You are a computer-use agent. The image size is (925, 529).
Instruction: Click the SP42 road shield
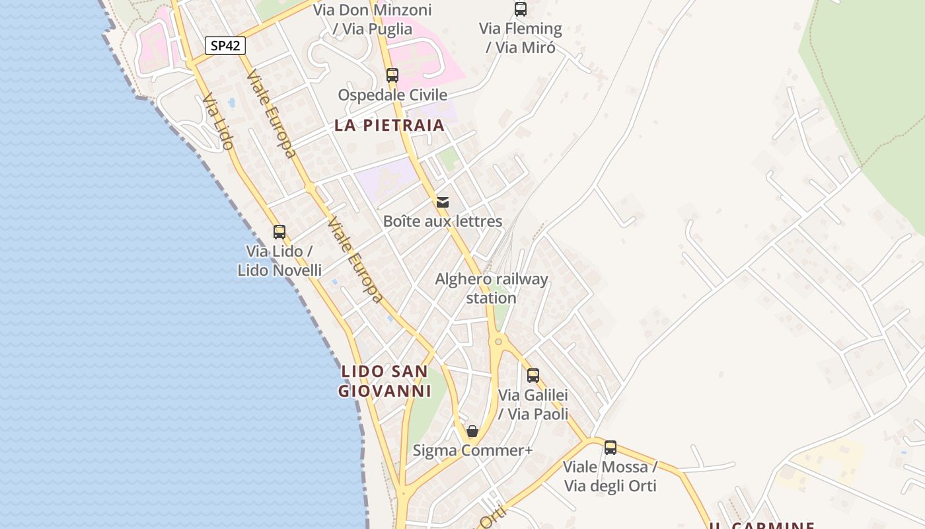225,46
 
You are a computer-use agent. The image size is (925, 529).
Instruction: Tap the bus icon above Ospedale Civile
392,75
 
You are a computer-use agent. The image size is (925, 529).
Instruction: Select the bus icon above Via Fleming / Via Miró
521,9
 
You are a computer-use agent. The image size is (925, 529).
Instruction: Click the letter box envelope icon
443,202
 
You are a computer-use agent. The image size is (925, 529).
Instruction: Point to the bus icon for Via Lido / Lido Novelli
279,232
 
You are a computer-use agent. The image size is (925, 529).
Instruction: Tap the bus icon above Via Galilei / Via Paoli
533,376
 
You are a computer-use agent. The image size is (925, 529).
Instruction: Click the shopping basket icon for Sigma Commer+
472,432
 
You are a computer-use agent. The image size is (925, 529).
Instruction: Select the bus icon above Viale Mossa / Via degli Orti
610,448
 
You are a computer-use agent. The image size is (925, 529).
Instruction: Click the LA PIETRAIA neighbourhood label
389,125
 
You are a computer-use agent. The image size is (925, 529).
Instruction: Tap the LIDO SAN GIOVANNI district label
385,381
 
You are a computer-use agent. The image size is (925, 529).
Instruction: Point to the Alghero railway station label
491,288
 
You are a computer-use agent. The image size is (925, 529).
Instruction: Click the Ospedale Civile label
392,95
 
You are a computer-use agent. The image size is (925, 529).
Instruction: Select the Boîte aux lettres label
443,222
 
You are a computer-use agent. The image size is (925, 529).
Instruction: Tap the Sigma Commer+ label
472,451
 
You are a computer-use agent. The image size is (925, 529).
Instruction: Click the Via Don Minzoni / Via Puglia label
373,19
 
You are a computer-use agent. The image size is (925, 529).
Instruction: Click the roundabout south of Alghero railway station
498,342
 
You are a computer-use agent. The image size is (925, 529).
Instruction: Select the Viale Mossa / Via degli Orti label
610,476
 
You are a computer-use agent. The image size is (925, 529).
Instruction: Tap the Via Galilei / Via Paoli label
533,405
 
